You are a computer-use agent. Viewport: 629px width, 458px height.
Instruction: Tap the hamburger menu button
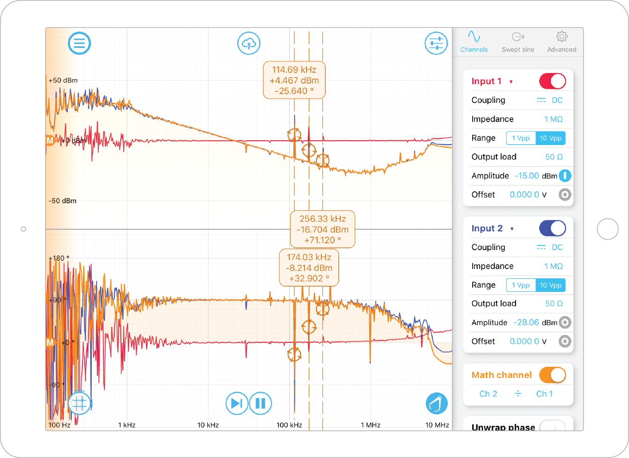tap(80, 44)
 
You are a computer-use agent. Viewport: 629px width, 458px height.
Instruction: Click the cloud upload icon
tap(249, 44)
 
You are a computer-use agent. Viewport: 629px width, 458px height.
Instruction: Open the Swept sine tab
tap(518, 42)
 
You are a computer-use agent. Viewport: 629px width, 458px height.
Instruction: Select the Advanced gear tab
tap(562, 42)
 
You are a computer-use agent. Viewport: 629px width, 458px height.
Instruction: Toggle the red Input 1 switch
tap(552, 81)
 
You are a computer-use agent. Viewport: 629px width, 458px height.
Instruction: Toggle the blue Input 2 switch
tap(552, 228)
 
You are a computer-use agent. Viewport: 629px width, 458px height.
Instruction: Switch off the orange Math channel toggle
tap(552, 375)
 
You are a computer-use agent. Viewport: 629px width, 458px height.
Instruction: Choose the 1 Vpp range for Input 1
tap(520, 138)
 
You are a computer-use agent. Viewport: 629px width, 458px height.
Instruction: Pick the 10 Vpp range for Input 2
tap(550, 285)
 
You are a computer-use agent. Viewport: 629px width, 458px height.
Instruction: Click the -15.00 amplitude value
tap(527, 176)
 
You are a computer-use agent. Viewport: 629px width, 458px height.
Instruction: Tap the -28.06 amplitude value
tap(526, 323)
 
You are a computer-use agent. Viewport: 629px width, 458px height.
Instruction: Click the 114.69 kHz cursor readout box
tap(294, 80)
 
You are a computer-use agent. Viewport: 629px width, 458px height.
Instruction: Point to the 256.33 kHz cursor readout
tap(322, 229)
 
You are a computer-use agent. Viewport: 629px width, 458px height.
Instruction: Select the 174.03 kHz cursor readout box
tap(309, 268)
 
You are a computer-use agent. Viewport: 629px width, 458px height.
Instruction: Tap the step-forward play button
tap(237, 403)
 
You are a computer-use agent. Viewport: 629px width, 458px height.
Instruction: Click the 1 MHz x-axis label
tap(370, 425)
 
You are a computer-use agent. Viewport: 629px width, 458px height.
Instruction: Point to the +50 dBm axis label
tap(63, 80)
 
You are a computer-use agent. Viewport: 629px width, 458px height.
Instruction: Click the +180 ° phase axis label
tap(59, 258)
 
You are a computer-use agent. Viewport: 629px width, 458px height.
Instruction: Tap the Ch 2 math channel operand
tap(488, 394)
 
